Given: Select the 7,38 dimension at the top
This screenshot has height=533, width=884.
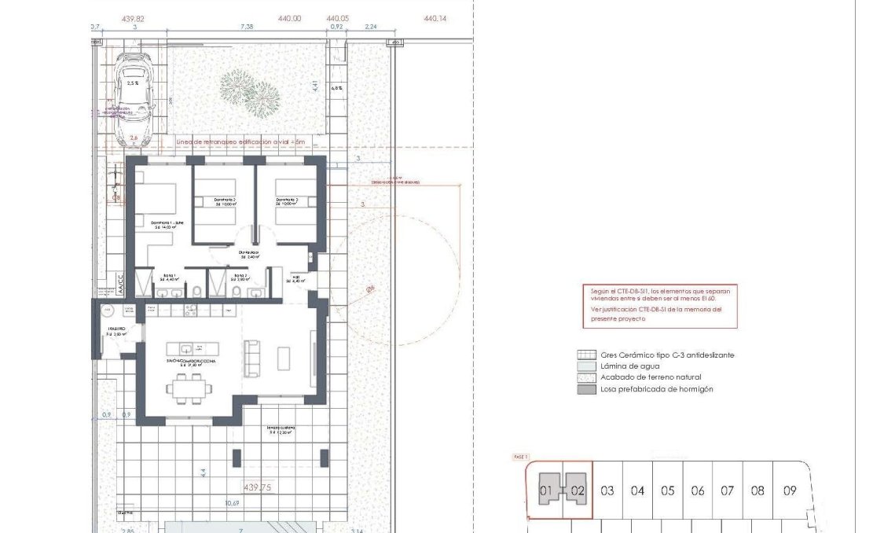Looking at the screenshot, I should click(246, 27).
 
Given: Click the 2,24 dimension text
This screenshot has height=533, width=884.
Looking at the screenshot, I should click(371, 27).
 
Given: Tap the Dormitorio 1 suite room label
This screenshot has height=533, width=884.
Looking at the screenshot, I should click(167, 225).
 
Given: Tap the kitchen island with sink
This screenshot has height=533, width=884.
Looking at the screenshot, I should click(189, 348).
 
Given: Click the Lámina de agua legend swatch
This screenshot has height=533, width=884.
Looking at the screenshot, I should click(585, 366).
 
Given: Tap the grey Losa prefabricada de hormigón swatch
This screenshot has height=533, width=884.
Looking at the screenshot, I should click(585, 389).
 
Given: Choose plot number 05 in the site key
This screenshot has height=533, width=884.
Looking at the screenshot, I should click(667, 491).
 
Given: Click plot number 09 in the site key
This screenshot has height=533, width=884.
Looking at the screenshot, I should click(789, 491).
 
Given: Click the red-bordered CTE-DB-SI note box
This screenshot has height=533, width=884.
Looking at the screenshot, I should click(659, 304).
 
